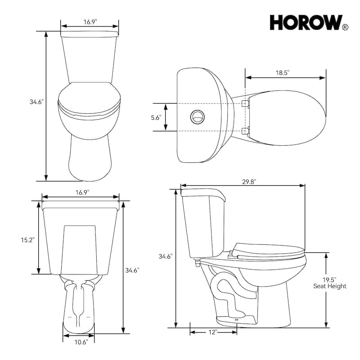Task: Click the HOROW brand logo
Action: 306,22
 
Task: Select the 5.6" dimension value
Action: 156,118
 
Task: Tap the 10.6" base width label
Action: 81,341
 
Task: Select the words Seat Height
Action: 330,286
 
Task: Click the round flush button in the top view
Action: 197,117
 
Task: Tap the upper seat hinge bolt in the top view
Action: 245,104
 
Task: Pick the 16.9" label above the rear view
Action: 81,192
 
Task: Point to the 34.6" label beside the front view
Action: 36,102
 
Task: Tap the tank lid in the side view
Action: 203,193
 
